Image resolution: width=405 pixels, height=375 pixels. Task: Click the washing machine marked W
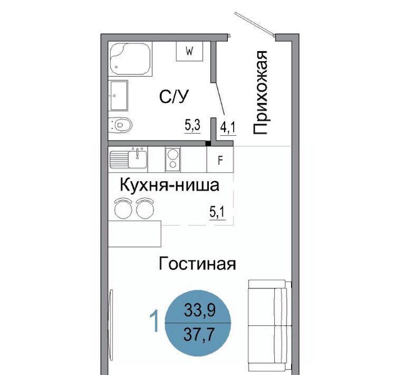pos(189,51)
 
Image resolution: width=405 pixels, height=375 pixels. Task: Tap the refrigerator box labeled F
pos(220,160)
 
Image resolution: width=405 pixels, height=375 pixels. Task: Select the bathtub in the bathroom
pos(130,59)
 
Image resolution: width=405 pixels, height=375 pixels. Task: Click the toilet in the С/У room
pos(120,125)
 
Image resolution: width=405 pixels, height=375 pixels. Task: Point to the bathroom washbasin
pos(118,96)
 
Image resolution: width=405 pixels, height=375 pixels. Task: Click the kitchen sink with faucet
pos(128,158)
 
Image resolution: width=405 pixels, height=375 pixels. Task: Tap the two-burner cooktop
pos(173,160)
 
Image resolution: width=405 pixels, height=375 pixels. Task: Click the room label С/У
pos(174,97)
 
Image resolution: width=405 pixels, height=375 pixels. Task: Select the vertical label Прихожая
pos(259,92)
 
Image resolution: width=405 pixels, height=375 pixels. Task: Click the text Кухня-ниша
pos(169,185)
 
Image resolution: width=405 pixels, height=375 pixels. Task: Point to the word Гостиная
pos(197,264)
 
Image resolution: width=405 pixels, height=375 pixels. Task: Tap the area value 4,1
pos(228,127)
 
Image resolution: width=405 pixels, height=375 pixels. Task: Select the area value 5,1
pos(217,213)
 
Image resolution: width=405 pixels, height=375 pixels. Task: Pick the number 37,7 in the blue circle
pos(199,335)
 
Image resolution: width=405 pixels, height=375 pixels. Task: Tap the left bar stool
pos(123,208)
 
